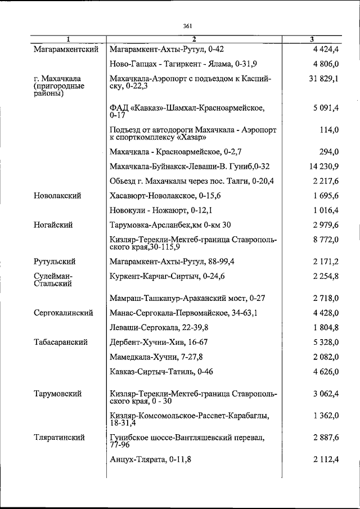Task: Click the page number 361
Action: (x=188, y=25)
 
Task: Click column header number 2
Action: (x=193, y=39)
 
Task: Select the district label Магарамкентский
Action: (x=66, y=49)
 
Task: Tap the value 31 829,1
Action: (x=323, y=79)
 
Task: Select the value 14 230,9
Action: (x=323, y=166)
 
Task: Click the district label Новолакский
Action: (x=57, y=196)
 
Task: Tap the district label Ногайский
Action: (x=53, y=225)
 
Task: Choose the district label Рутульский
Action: (x=55, y=262)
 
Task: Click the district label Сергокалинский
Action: (x=63, y=313)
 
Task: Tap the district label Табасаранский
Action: (x=61, y=342)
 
